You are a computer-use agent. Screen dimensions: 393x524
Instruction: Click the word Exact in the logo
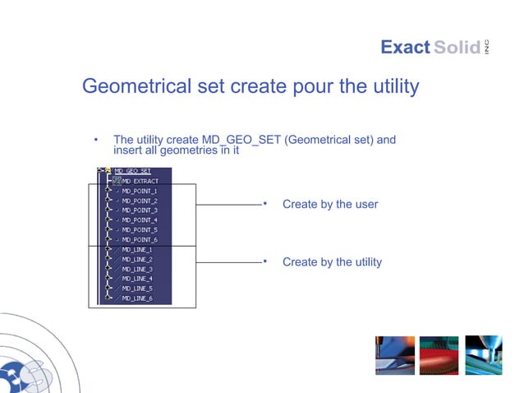pyautogui.click(x=405, y=48)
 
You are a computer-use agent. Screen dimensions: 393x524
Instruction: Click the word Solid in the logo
pyautogui.click(x=457, y=48)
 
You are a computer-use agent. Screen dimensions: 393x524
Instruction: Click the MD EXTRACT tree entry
pyautogui.click(x=140, y=181)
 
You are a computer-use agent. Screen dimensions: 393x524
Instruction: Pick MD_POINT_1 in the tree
pyautogui.click(x=139, y=191)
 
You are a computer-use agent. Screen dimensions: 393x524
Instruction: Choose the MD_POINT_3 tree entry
pyautogui.click(x=139, y=210)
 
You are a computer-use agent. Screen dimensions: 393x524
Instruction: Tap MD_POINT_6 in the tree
pyautogui.click(x=139, y=240)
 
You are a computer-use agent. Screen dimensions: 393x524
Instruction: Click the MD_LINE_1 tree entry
pyautogui.click(x=137, y=250)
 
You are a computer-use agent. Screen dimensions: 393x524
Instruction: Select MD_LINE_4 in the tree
pyautogui.click(x=137, y=279)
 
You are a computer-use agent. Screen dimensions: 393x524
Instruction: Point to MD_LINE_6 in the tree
pyautogui.click(x=137, y=298)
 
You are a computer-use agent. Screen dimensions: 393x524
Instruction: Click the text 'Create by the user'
pyautogui.click(x=330, y=204)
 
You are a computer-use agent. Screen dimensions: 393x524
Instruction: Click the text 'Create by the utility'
pyautogui.click(x=332, y=262)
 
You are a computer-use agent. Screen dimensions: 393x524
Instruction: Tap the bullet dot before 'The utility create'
pyautogui.click(x=96, y=140)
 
